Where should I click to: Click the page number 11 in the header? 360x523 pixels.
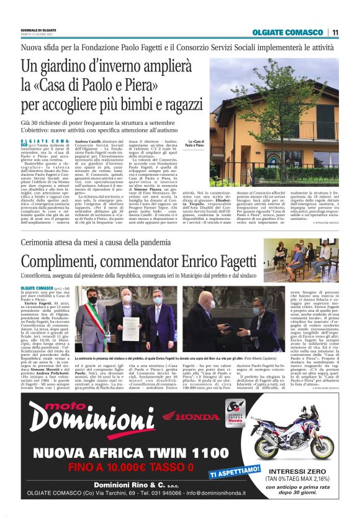click(x=335, y=32)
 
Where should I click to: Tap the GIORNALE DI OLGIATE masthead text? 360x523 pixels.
click(x=38, y=29)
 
